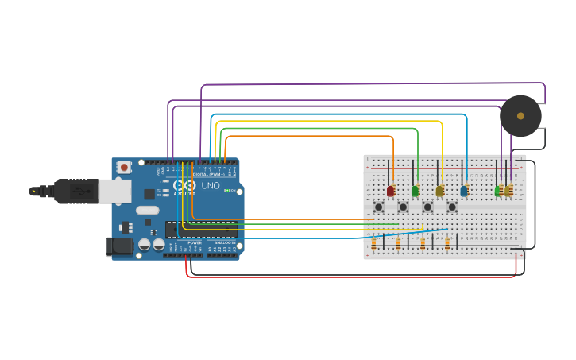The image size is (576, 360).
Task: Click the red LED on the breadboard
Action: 390,191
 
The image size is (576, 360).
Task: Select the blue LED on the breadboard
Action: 464,191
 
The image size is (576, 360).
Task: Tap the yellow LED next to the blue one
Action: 439,191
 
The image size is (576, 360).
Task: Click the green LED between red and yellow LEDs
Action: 415,191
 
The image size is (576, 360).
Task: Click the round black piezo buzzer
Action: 520,116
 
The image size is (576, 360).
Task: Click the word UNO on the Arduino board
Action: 211,186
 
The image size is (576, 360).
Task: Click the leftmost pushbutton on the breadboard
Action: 379,207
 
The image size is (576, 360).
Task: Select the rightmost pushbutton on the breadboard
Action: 452,207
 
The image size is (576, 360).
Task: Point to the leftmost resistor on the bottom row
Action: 374,244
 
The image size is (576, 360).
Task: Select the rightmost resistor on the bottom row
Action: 447,244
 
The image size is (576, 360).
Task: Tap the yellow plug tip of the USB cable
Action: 33,192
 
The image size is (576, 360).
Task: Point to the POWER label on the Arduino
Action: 195,242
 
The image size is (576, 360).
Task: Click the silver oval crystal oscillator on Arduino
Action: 147,211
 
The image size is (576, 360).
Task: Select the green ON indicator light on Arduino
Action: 227,191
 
